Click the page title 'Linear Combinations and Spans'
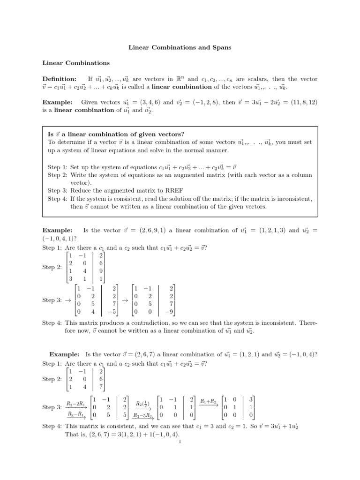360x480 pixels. click(x=180, y=48)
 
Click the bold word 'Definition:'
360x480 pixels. click(x=60, y=79)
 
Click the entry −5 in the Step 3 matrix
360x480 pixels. click(x=112, y=311)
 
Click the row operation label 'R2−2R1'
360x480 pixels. click(x=75, y=403)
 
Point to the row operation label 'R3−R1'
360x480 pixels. click(x=75, y=414)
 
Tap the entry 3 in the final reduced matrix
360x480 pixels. click(x=251, y=399)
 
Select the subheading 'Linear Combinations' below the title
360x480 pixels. click(x=76, y=63)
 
